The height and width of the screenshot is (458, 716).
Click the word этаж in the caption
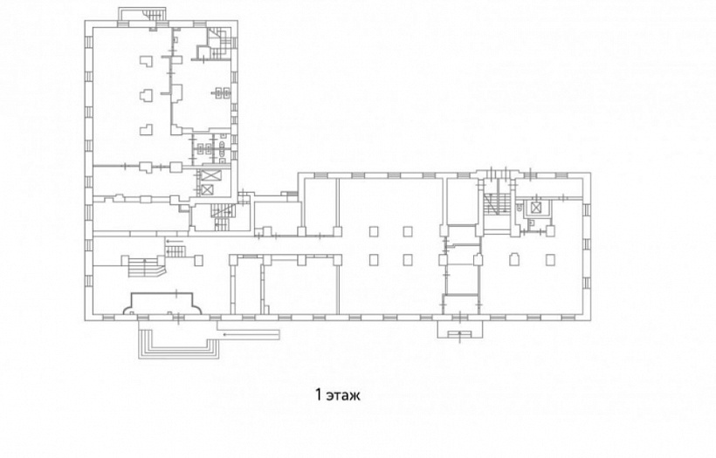pyautogui.click(x=343, y=395)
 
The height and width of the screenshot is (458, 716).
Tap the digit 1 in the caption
pyautogui.click(x=319, y=394)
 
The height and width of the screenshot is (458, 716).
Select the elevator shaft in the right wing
pyautogui.click(x=535, y=208)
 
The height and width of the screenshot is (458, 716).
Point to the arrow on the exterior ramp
pyautogui.click(x=251, y=335)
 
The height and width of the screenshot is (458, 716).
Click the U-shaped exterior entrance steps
pyautogui.click(x=178, y=340)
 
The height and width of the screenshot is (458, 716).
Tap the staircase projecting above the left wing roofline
pyautogui.click(x=143, y=14)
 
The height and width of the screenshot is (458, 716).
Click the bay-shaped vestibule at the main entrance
pyautogui.click(x=162, y=304)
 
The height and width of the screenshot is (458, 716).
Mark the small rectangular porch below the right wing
pyautogui.click(x=460, y=329)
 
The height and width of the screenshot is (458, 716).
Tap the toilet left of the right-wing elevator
pyautogui.click(x=520, y=207)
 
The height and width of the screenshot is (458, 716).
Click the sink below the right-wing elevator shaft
pyautogui.click(x=532, y=223)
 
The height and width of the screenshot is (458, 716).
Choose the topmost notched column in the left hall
pyautogui.click(x=146, y=61)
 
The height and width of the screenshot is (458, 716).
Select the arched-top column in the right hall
pyautogui.click(x=514, y=259)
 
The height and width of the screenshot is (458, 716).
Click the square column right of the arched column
pyautogui.click(x=551, y=260)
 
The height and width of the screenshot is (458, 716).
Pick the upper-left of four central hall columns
pyautogui.click(x=374, y=231)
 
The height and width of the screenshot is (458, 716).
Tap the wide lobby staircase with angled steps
pyautogui.click(x=143, y=266)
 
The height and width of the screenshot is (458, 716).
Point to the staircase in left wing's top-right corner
pyautogui.click(x=220, y=38)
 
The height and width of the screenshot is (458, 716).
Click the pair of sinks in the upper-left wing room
pyautogui.click(x=223, y=93)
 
